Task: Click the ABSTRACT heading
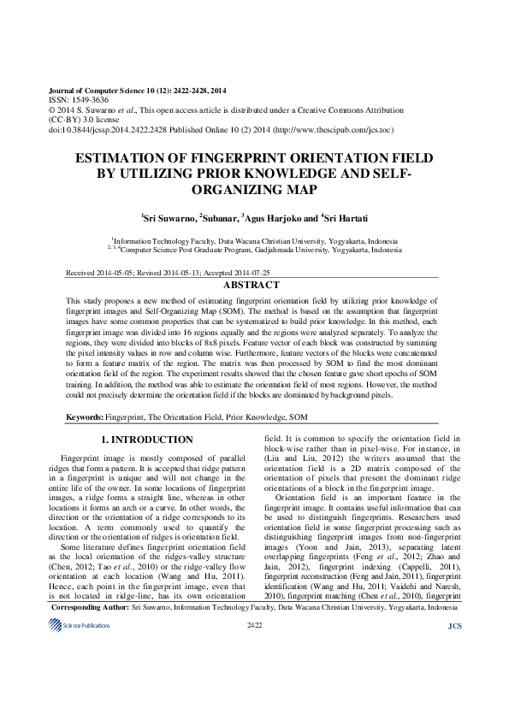(x=253, y=284)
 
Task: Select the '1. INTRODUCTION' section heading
(x=147, y=440)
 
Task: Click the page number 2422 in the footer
(x=253, y=699)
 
